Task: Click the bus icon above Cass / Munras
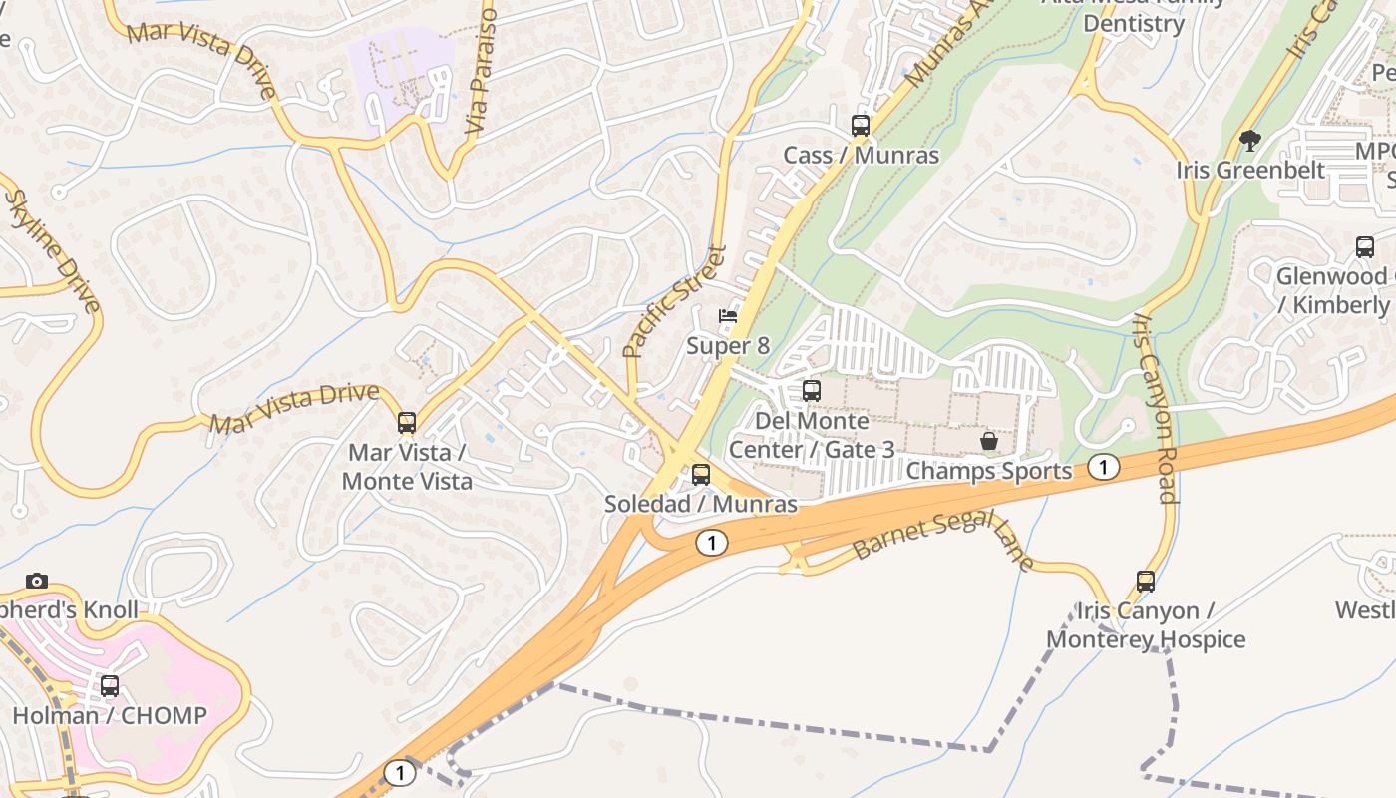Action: coord(860,126)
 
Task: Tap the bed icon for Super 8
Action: coord(728,317)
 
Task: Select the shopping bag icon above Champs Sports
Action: coord(989,440)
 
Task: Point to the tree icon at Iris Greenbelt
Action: coord(1249,140)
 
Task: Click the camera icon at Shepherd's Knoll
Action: coord(37,581)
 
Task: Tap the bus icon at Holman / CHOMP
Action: coord(110,686)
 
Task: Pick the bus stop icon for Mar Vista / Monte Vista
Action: coord(406,423)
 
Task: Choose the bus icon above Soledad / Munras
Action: coord(701,475)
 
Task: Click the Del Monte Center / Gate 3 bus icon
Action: coord(812,391)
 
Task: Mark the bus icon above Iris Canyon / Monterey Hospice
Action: coord(1146,581)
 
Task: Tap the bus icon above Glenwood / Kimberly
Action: coord(1364,247)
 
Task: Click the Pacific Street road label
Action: coord(674,301)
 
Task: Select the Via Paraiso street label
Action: coord(481,72)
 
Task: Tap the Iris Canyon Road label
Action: coord(1155,408)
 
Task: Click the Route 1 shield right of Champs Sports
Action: coord(1103,467)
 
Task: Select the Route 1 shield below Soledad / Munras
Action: coord(710,543)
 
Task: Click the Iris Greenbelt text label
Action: coord(1250,170)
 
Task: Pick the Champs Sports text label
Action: coord(989,471)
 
